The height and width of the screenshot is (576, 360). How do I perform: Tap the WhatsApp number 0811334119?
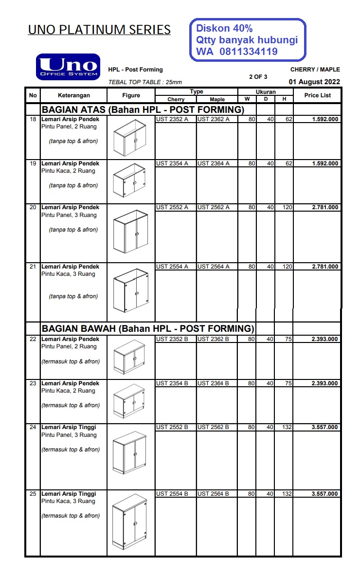pyautogui.click(x=249, y=52)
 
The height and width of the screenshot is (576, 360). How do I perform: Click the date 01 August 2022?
pyautogui.click(x=314, y=82)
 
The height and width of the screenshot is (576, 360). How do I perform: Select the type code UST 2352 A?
pyautogui.click(x=172, y=119)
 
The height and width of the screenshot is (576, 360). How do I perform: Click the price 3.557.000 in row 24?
pyautogui.click(x=324, y=428)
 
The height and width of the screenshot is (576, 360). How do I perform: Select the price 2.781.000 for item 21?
pyautogui.click(x=324, y=267)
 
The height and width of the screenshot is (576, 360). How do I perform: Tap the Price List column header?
pyautogui.click(x=317, y=95)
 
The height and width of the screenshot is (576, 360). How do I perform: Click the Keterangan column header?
pyautogui.click(x=72, y=95)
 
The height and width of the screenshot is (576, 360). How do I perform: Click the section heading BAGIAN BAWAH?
pyautogui.click(x=148, y=328)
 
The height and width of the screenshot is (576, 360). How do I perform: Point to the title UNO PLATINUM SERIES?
pyautogui.click(x=99, y=30)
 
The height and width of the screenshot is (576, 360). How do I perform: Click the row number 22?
pyautogui.click(x=33, y=339)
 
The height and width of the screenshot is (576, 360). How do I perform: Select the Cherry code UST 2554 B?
pyautogui.click(x=172, y=494)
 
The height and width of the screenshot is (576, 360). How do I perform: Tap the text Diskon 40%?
pyautogui.click(x=224, y=29)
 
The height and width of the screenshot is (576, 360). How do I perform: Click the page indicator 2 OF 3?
pyautogui.click(x=258, y=76)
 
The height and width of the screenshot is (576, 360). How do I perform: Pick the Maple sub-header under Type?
pyautogui.click(x=217, y=99)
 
